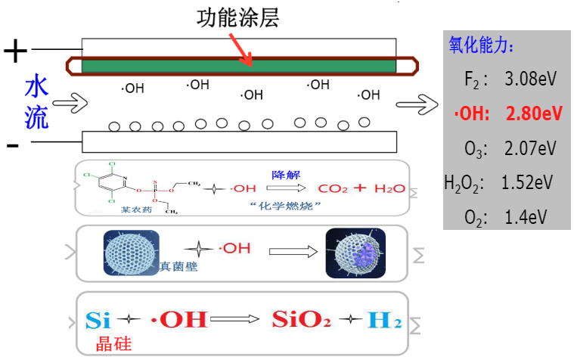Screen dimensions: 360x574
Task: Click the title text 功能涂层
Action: point(237,17)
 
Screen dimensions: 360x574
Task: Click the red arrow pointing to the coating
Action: point(241,49)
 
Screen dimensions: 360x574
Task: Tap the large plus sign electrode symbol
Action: point(15,51)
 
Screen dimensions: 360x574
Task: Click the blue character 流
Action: point(36,116)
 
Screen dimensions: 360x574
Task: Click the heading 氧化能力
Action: point(481,45)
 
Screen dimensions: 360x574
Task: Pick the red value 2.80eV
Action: point(534,113)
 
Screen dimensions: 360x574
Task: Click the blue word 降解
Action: point(282,174)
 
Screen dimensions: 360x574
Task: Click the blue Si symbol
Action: point(99,319)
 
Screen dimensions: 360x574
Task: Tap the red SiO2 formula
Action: point(301,319)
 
